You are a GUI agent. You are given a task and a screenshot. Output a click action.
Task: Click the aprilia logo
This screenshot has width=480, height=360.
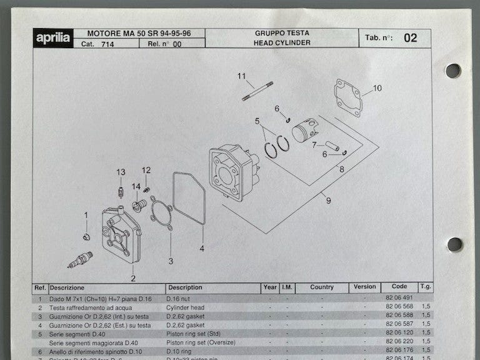click(x=53, y=38)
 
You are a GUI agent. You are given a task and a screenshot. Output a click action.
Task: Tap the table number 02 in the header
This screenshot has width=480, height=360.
click(x=410, y=38)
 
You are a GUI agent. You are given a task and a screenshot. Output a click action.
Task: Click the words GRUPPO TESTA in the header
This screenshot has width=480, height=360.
click(x=281, y=32)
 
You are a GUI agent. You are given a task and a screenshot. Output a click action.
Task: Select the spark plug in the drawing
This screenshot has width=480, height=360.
click(x=80, y=259)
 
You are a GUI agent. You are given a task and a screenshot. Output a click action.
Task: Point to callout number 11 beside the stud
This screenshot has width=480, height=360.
click(x=242, y=76)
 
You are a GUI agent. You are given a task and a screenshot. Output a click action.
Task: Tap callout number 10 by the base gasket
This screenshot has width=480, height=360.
click(x=377, y=88)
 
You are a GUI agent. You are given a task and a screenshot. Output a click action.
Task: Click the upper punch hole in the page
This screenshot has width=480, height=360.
click(x=452, y=71)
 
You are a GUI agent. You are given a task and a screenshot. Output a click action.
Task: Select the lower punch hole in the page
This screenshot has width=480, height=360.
click(x=454, y=244)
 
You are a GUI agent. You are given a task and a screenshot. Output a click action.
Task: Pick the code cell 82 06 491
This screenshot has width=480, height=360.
click(x=394, y=298)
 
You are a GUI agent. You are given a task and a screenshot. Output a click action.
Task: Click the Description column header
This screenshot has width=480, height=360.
click(x=184, y=287)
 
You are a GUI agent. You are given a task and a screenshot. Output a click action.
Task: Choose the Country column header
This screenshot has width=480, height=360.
click(x=321, y=287)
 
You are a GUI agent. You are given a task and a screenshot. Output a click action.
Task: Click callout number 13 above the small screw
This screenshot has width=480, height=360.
click(x=121, y=172)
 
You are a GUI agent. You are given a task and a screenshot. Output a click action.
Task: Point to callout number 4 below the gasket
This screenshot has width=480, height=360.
click(x=202, y=248)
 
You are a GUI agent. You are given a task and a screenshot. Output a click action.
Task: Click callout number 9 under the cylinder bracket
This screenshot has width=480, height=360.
click(x=327, y=200)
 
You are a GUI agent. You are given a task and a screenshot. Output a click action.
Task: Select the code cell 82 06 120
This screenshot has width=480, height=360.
click(x=394, y=333)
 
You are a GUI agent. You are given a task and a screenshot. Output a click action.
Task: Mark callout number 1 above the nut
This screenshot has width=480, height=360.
click(x=86, y=216)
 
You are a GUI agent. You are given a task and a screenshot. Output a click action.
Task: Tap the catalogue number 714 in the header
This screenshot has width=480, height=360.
click(x=107, y=44)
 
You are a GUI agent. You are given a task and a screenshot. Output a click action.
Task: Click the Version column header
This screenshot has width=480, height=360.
click(x=365, y=287)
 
